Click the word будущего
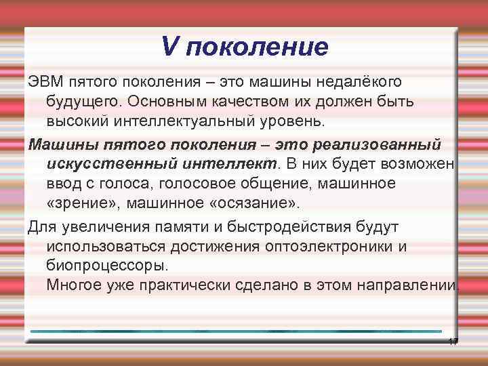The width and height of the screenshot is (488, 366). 85,102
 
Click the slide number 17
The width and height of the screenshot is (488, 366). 453,341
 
